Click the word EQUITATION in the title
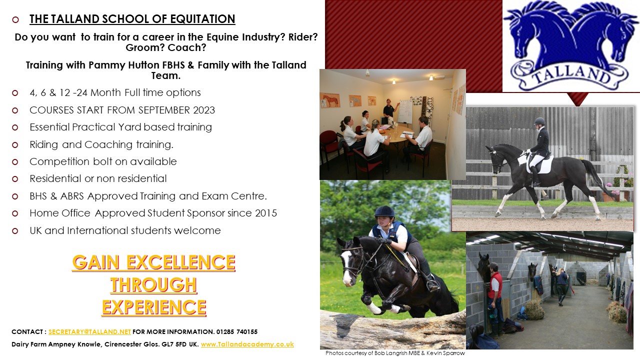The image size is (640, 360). pyautogui.click(x=202, y=19)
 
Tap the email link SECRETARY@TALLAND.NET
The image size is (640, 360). pyautogui.click(x=89, y=331)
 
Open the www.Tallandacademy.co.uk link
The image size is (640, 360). pyautogui.click(x=247, y=344)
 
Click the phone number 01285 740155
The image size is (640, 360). pyautogui.click(x=237, y=331)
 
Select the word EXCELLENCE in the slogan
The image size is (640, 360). pyautogui.click(x=181, y=262)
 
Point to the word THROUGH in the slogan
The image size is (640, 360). pyautogui.click(x=153, y=285)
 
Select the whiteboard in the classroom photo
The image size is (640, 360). pyautogui.click(x=405, y=111)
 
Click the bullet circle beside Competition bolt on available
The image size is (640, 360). pyautogui.click(x=15, y=162)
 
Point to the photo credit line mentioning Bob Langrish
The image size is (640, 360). pyautogui.click(x=395, y=353)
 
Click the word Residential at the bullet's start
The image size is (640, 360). pyautogui.click(x=55, y=178)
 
